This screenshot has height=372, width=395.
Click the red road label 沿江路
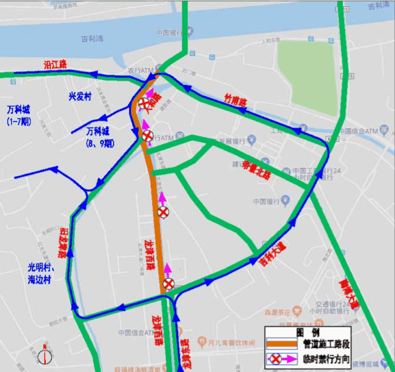[x=55, y=64]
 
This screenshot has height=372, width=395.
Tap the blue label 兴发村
[x=79, y=97]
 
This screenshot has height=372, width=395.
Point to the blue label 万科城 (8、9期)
[x=100, y=137]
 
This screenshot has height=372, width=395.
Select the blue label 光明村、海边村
[x=42, y=273]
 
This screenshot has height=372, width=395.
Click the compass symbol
[x=45, y=357]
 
